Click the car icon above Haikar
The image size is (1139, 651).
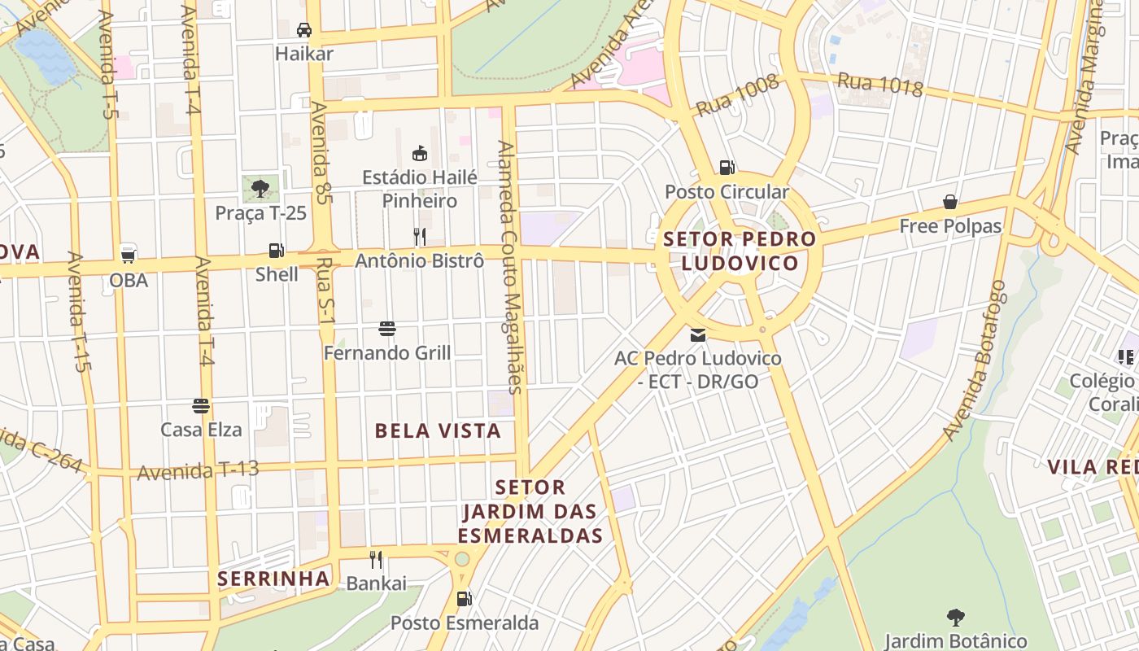pos(304,30)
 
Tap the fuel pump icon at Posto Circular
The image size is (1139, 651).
pos(727,168)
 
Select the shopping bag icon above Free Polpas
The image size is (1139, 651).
pos(949,202)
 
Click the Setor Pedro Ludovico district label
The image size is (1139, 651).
pos(740,251)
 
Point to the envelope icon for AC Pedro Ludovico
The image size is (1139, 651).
pos(697,334)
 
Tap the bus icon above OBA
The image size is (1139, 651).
pos(128,255)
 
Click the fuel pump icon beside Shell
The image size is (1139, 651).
pos(277,251)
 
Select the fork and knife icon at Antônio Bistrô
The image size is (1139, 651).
pos(420,237)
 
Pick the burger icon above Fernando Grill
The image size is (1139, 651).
pos(387,329)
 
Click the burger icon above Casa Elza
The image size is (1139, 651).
pos(201,405)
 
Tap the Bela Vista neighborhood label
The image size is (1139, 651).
pos(438,431)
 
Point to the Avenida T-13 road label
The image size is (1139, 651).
pos(198,470)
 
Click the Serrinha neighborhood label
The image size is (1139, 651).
pos(273,579)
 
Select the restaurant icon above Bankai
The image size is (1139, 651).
pos(376,559)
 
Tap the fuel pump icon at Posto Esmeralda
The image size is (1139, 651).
pos(464,599)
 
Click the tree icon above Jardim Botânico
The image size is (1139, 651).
pos(955,618)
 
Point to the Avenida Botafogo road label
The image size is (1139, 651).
pos(975,360)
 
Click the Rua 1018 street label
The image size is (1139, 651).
pos(879,84)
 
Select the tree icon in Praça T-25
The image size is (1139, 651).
pos(260,189)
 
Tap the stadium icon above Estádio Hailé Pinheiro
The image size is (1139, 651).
pos(420,153)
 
